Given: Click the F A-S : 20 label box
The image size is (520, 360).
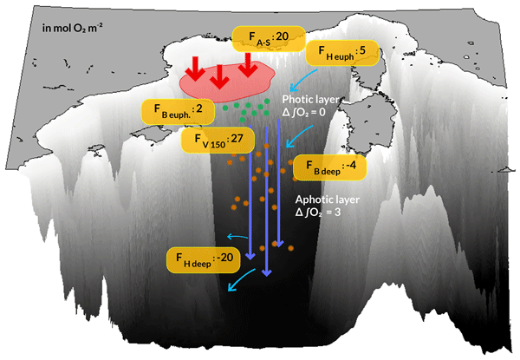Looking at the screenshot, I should [267, 37].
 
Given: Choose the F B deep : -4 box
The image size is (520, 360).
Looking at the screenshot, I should [328, 168].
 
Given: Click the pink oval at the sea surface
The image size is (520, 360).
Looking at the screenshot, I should [225, 81].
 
